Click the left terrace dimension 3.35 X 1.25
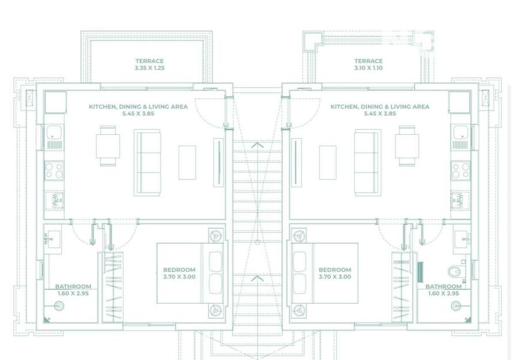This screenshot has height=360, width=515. pyautogui.click(x=149, y=68)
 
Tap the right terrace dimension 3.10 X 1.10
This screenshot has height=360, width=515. pyautogui.click(x=368, y=68)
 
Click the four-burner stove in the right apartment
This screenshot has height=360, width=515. pyautogui.click(x=460, y=170)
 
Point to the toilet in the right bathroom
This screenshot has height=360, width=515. pyautogui.click(x=456, y=271)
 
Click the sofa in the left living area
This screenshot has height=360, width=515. pyautogui.click(x=147, y=162)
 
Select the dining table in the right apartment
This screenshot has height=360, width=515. pyautogui.click(x=407, y=146)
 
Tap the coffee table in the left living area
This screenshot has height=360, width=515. pyautogui.click(x=187, y=162)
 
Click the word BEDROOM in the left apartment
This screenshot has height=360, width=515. pyautogui.click(x=179, y=270)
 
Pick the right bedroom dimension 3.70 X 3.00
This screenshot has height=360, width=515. pyautogui.click(x=335, y=277)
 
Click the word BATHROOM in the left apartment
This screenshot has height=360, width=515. pyautogui.click(x=73, y=286)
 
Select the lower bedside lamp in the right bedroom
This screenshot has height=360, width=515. pyautogui.click(x=299, y=310)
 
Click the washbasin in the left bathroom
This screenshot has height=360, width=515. pyautogui.click(x=52, y=239)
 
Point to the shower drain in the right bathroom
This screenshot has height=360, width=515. pyautogui.click(x=456, y=306)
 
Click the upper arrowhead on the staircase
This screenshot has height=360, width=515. pyautogui.click(x=257, y=145)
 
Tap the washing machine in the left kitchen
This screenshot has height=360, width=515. pyautogui.click(x=55, y=200)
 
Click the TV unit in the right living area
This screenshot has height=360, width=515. pyautogui.click(x=296, y=162)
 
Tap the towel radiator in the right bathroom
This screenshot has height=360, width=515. pyautogui.click(x=420, y=272)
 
